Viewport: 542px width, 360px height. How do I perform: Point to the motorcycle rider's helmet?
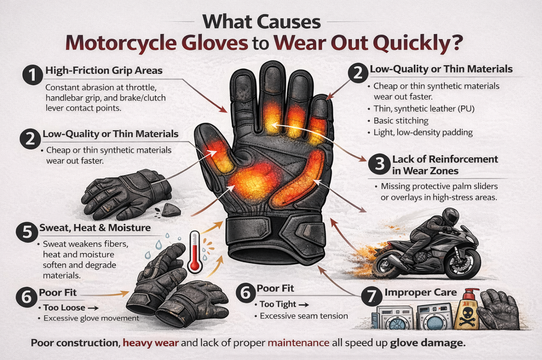449,216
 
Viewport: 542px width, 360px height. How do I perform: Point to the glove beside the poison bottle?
498,309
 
